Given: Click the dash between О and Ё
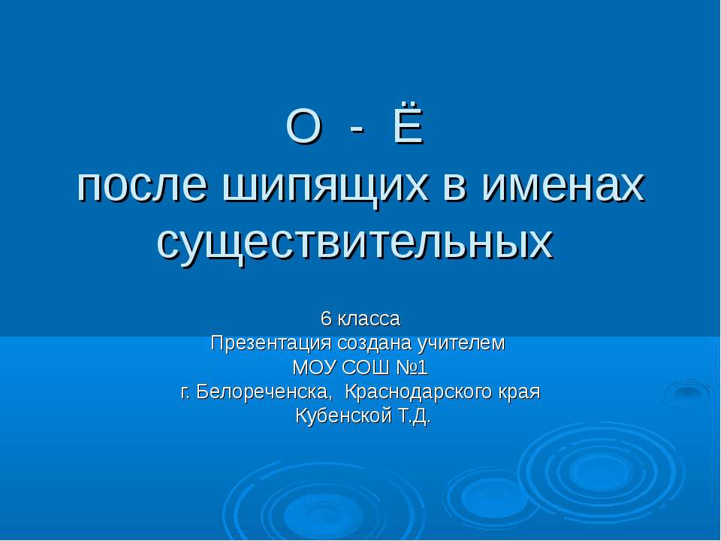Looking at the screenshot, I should (357, 130).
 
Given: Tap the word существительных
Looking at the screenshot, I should (354, 240).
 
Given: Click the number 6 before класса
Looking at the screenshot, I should (325, 319).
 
